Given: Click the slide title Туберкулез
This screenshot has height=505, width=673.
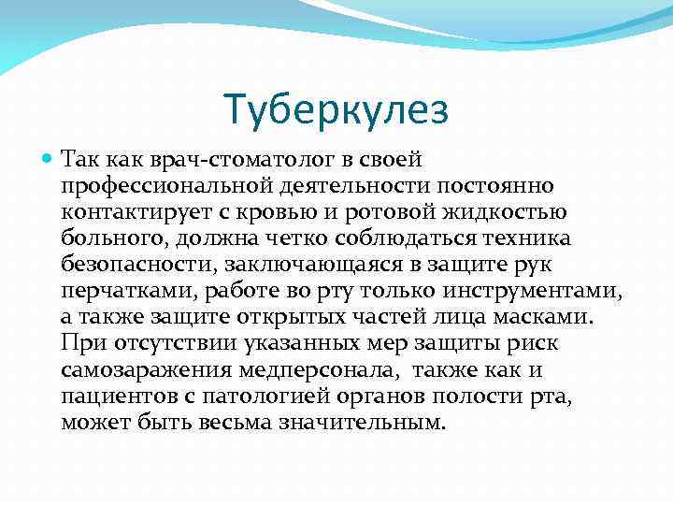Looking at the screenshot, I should point(336,109).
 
